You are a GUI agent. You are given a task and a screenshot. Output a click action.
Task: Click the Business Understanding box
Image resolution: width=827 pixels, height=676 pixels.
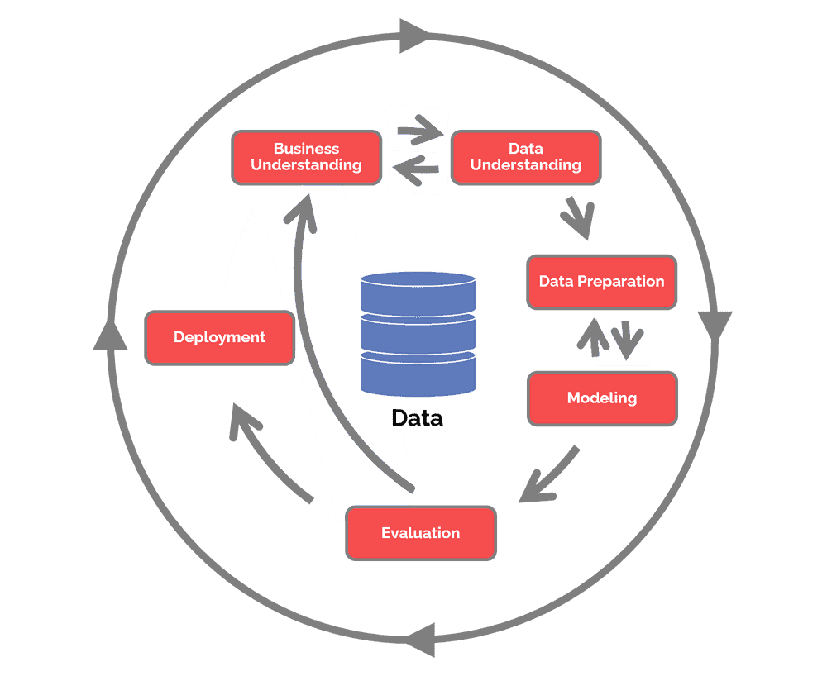(306, 157)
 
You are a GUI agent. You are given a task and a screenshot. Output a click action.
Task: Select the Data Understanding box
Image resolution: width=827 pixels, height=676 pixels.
(525, 157)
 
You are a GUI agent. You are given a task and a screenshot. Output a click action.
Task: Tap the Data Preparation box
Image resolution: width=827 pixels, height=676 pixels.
(601, 282)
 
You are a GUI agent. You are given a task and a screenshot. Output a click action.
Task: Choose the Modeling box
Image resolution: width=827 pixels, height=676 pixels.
(602, 398)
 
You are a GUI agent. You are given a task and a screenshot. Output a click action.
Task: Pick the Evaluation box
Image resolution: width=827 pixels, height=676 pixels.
(421, 533)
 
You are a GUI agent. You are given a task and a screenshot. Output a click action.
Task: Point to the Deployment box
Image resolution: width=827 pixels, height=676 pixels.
(219, 337)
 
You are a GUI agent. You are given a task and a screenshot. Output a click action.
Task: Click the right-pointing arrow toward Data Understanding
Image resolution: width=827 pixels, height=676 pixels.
(418, 129)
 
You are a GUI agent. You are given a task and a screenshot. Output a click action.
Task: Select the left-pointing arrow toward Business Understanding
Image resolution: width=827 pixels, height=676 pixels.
(418, 171)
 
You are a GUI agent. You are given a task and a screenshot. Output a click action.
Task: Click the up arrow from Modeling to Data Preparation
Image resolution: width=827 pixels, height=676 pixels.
(593, 337)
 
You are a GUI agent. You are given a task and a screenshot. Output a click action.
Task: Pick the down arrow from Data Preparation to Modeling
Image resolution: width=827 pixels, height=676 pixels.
(629, 336)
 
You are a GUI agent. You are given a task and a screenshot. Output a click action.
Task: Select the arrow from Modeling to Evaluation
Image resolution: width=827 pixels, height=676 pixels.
(548, 476)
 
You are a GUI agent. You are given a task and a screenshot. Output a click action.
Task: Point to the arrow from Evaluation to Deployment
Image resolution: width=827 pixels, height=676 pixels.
(266, 450)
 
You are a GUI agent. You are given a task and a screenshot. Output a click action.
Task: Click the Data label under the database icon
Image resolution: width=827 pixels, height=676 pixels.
(418, 418)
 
